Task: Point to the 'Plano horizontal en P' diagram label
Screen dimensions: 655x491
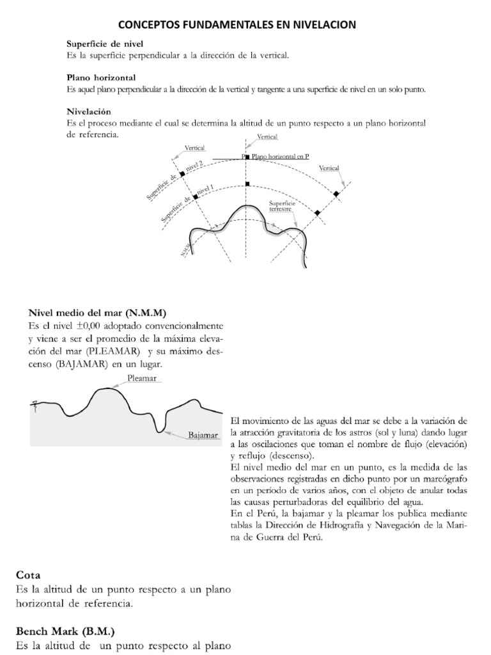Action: pyautogui.click(x=281, y=155)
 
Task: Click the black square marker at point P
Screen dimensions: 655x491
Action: pyautogui.click(x=247, y=156)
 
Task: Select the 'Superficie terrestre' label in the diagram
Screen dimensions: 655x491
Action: pyautogui.click(x=281, y=206)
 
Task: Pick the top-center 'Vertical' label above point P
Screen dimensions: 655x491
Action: pyautogui.click(x=267, y=137)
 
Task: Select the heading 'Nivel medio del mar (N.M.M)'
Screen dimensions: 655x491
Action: pyautogui.click(x=97, y=313)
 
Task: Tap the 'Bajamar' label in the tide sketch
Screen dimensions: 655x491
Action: pyautogui.click(x=203, y=436)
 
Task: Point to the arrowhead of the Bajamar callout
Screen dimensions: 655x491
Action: pyautogui.click(x=168, y=433)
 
